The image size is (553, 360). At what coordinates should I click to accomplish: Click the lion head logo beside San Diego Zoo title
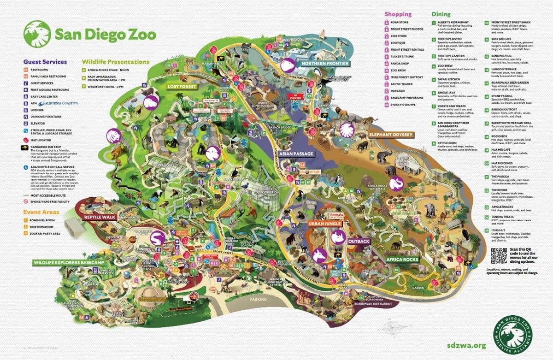point(36,34)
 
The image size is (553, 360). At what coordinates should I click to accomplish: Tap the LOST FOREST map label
point(182,86)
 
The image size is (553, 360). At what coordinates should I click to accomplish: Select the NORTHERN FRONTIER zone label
point(322,63)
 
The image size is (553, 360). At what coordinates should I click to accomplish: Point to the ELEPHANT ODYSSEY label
point(390,135)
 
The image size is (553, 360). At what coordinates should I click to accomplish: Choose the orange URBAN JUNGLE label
point(325,224)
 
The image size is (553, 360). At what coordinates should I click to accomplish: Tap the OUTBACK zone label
point(359,241)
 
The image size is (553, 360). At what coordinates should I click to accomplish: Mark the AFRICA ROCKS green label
point(402,260)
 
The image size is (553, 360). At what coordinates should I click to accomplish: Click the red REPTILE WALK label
point(99,216)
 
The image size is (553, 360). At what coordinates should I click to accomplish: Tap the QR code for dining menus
point(498,254)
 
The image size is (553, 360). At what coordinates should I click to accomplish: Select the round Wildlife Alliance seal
point(512,333)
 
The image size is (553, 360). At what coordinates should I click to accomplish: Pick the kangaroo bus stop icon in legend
point(26,147)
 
